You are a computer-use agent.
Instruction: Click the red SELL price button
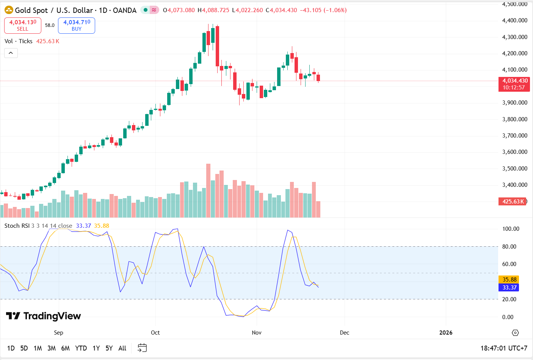(x=23, y=25)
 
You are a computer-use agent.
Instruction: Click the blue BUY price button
(x=77, y=25)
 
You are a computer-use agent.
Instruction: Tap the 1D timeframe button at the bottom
(x=11, y=348)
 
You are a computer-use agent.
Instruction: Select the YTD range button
(x=81, y=348)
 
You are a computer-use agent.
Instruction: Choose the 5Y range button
(x=109, y=348)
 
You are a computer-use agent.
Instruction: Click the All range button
(x=122, y=348)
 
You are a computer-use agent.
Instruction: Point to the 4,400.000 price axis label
(x=514, y=20)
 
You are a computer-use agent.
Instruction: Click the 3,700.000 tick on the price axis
(x=514, y=136)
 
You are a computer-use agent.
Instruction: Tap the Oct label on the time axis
(x=155, y=333)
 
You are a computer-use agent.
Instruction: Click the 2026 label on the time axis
(x=445, y=333)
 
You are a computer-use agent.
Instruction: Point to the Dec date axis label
(x=344, y=333)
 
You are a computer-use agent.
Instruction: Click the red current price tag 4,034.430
(x=514, y=84)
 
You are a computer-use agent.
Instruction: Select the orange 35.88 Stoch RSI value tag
(x=509, y=280)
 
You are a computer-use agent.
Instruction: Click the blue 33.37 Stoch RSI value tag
(x=509, y=288)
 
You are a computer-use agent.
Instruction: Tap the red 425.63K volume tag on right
(x=513, y=202)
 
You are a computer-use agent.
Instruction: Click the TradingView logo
(x=44, y=316)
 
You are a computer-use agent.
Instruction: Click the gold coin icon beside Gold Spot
(x=9, y=10)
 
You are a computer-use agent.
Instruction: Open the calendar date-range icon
(x=142, y=348)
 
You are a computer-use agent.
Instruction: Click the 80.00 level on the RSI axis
(x=509, y=247)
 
